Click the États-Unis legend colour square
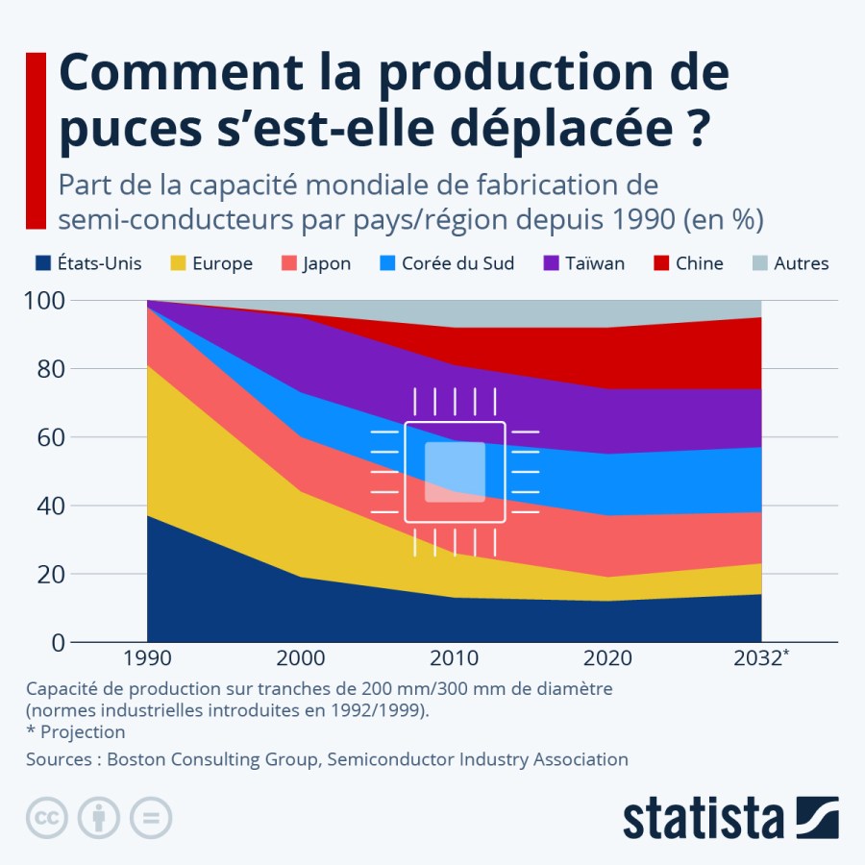point(42,263)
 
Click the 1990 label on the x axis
point(147,658)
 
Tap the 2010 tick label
point(455,658)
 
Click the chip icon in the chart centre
point(455,472)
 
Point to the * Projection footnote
point(76,732)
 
